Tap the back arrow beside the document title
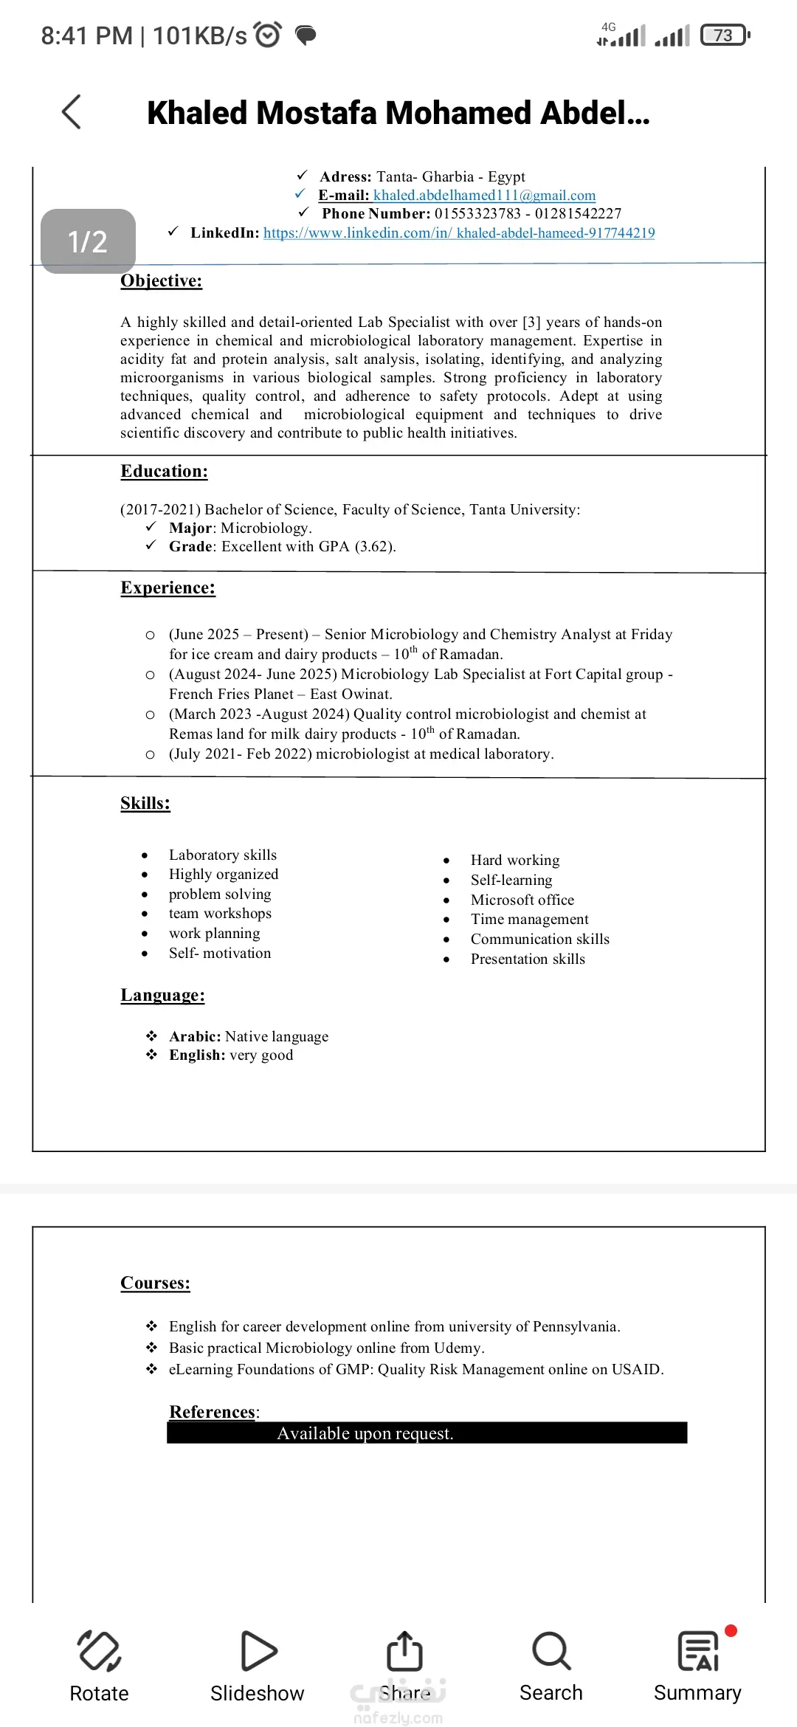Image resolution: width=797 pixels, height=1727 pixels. point(72,112)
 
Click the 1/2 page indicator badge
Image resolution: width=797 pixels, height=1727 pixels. point(88,241)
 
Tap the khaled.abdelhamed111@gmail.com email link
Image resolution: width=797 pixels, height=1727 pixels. point(484,196)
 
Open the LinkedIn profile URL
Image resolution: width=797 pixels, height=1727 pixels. point(459,233)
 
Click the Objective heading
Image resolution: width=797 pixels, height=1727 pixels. point(161,281)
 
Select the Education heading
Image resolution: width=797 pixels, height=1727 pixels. point(164,472)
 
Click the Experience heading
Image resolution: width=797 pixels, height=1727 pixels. point(168,588)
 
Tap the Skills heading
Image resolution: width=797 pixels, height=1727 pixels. point(145,804)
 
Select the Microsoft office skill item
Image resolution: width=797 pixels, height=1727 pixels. point(522,900)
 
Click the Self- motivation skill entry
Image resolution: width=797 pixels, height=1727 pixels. point(219,954)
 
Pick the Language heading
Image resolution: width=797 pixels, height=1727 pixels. point(162,996)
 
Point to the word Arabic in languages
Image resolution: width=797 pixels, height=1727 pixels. point(194,1037)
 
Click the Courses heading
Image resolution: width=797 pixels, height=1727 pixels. point(155,1283)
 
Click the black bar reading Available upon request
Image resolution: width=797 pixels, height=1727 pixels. point(427,1433)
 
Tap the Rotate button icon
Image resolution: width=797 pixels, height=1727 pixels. point(99,1650)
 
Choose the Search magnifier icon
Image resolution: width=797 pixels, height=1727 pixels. point(551,1650)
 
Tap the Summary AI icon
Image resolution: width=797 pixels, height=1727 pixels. point(697,1650)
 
